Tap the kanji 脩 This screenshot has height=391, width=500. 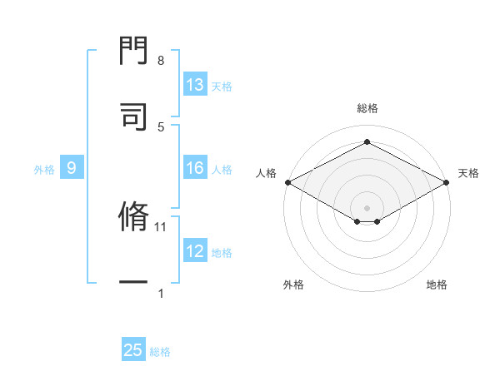coord(133,218)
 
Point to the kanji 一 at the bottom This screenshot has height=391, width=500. coord(133,283)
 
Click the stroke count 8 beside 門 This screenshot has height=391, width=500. coord(161,61)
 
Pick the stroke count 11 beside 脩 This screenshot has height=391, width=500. coord(162,226)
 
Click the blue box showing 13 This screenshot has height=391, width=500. coord(195,85)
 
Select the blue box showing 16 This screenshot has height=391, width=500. coord(195,169)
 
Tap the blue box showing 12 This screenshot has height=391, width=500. coord(195,252)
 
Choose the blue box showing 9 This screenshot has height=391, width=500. coord(72,169)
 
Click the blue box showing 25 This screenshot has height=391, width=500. coord(133,350)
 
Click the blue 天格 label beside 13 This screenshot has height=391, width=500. coord(222,86)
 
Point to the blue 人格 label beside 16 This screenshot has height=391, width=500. coord(222,170)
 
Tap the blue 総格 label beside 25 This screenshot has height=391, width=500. coord(160,351)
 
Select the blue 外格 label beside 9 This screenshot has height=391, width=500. coord(44,170)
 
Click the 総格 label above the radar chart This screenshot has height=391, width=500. coord(367,108)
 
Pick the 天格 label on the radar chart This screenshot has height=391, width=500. coord(468,173)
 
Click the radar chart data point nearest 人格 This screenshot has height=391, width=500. coord(287,182)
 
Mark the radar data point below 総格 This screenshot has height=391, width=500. coord(367,142)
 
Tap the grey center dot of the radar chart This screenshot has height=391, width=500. coord(367,206)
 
